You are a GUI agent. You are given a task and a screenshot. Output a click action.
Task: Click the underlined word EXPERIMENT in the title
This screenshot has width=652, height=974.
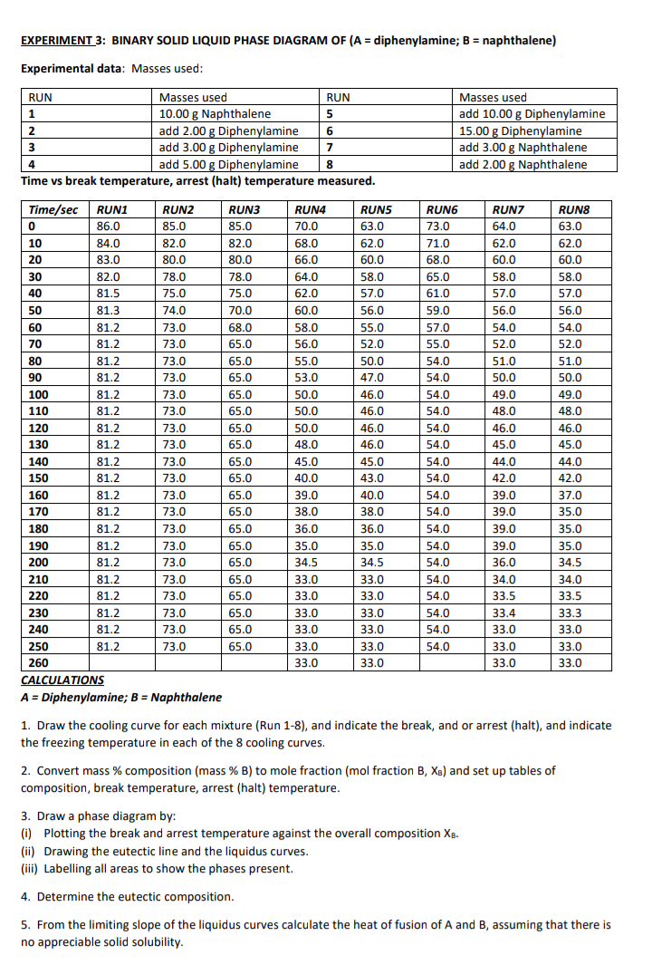pos(56,41)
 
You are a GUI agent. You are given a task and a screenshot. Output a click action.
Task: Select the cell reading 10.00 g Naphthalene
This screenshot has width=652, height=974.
pos(215,114)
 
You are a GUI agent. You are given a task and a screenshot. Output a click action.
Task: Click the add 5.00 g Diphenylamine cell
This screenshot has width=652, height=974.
pos(228,164)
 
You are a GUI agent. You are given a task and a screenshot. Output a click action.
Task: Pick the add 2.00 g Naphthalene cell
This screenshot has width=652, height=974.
pos(523,164)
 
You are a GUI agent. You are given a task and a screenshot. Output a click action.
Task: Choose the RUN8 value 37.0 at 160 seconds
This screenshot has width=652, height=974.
pos(570,495)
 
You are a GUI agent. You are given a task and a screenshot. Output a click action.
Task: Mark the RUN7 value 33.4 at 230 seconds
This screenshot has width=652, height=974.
pos(503,612)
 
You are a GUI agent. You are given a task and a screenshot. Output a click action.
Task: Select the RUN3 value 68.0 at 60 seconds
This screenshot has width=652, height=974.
pos(240,326)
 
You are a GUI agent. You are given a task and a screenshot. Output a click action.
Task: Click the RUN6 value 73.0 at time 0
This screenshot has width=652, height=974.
pos(438,226)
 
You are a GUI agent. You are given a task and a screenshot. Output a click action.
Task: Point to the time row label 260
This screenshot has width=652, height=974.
pos(38,662)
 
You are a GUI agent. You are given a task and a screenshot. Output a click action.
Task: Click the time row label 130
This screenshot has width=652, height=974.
pos(38,444)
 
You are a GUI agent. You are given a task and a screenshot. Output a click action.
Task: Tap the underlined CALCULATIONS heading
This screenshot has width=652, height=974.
pos(62,680)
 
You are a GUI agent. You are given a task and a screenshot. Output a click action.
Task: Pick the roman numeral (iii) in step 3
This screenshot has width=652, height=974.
pos(31,868)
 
